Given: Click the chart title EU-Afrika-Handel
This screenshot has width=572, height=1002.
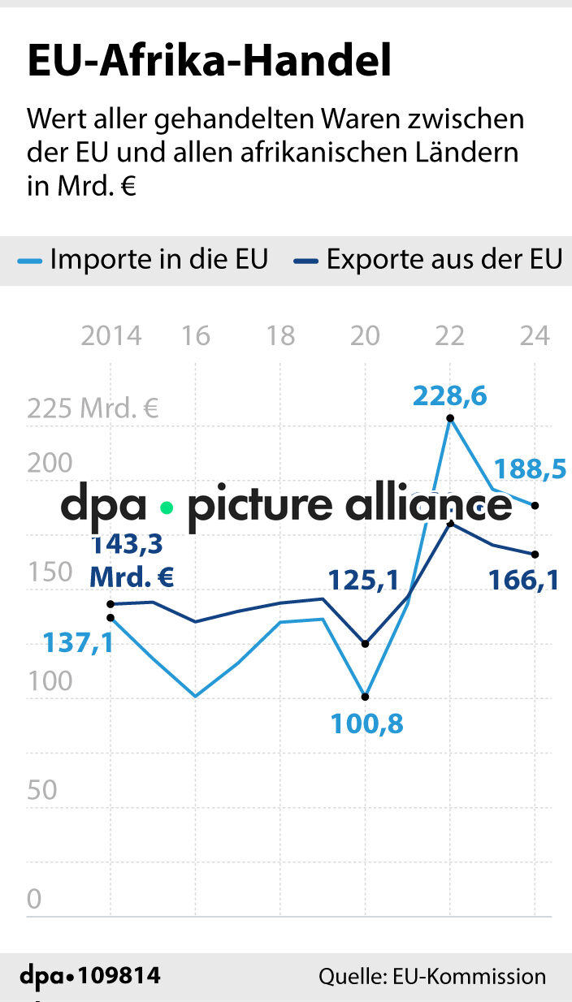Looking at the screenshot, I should (210, 63).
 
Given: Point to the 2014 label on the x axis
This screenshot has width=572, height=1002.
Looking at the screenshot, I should (110, 335).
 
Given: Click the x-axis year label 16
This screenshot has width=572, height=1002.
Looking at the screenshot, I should (196, 335).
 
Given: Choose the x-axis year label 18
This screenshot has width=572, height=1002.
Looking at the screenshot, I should (280, 335).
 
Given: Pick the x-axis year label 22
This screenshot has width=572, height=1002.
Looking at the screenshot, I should (449, 335).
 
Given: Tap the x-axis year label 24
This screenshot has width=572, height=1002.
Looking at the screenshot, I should (535, 335).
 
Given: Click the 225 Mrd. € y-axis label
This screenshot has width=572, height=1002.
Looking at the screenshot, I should (93, 408).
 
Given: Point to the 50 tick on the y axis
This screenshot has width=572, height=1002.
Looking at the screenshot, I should (42, 790).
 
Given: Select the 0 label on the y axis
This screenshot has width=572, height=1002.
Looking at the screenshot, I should (34, 899).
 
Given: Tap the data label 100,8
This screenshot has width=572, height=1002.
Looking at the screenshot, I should (366, 723).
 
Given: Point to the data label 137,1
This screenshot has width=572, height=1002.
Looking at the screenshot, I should (78, 643).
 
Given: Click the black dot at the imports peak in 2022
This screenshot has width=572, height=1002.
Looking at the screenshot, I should (449, 418).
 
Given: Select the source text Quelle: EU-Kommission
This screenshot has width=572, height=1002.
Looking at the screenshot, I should (432, 976).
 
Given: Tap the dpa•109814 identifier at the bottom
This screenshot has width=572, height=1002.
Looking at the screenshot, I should (89, 976).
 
